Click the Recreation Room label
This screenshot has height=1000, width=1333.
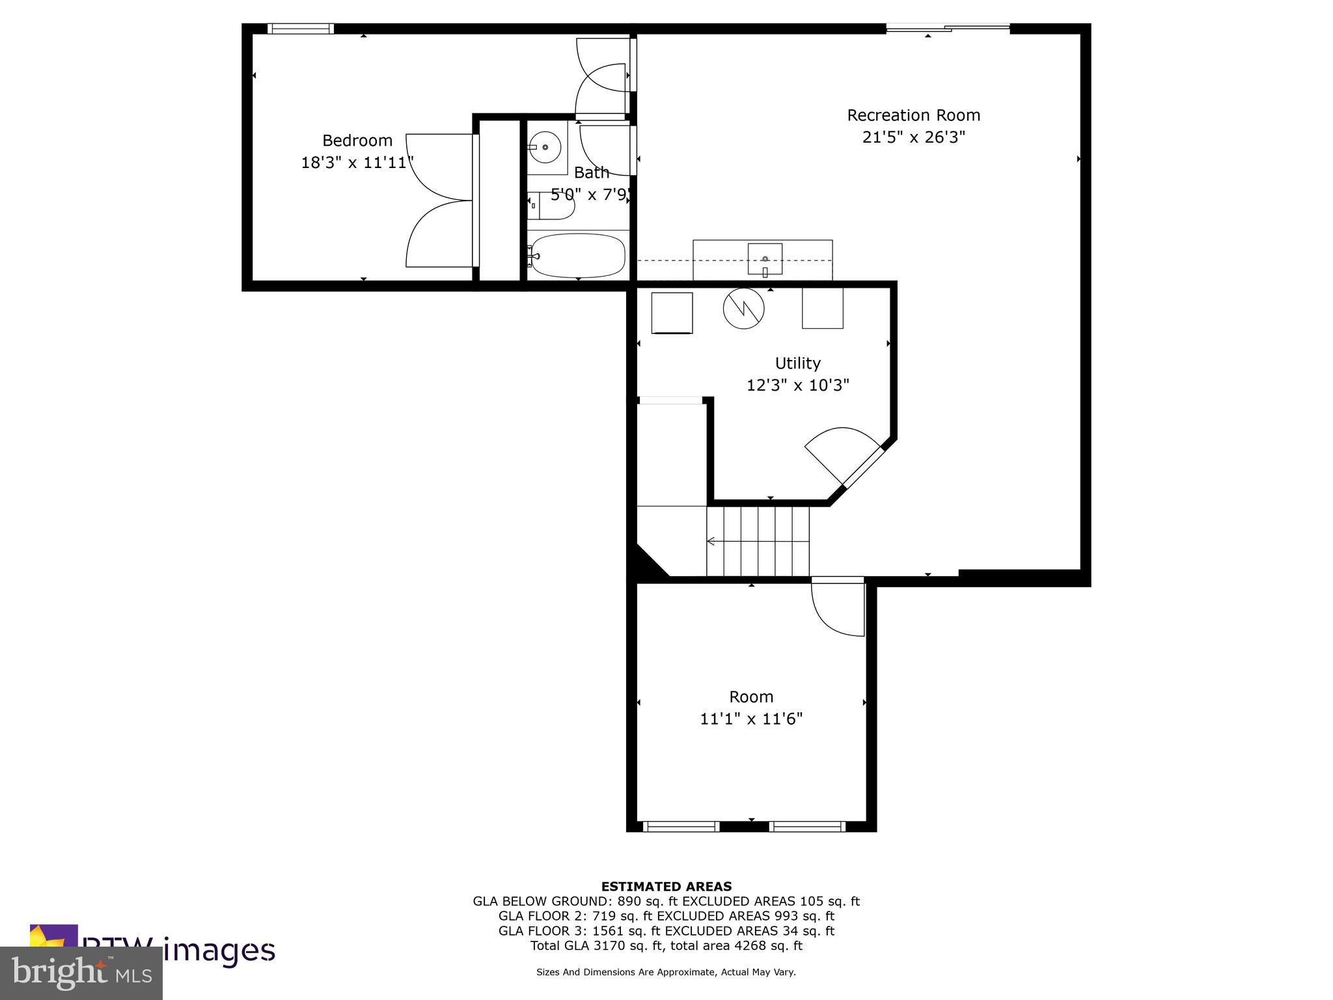click(913, 115)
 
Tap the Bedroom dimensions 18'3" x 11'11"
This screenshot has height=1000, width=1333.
click(357, 163)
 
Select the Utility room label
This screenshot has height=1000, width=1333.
click(797, 363)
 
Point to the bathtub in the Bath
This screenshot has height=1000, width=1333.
click(578, 255)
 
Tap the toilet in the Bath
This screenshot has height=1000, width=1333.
click(552, 205)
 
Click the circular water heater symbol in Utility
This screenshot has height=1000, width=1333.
click(743, 309)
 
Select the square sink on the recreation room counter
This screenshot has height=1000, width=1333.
click(765, 259)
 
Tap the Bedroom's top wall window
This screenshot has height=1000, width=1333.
click(301, 29)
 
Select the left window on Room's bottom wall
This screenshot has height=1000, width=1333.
click(681, 826)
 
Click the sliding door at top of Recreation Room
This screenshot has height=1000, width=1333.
click(947, 28)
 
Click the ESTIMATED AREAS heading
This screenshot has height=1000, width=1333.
click(666, 886)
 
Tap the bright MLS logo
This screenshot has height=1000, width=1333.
click(81, 973)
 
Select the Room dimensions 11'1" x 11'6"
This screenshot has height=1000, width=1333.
click(751, 719)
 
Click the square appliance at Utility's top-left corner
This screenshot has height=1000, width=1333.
click(672, 313)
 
